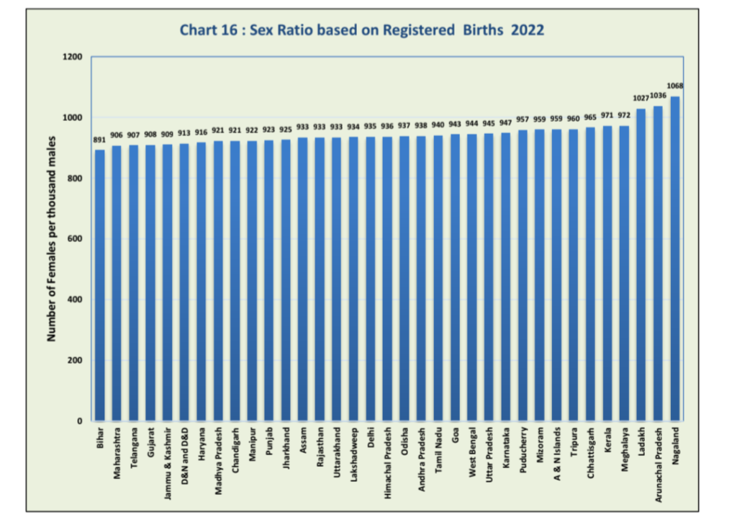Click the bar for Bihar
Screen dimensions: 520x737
pos(99,288)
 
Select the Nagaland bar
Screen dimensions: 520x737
pos(676,259)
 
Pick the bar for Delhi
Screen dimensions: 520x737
pos(371,281)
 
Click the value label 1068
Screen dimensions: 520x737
pos(675,86)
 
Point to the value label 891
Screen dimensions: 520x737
pos(99,140)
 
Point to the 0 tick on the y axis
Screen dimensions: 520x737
pos(80,421)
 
